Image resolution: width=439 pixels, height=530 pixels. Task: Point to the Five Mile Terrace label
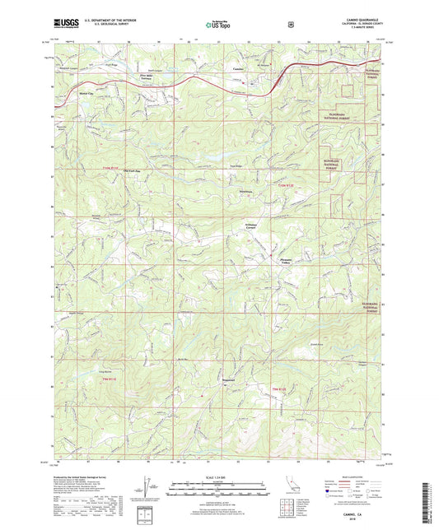coord(147,79)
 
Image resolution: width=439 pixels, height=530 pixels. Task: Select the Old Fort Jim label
coord(132,170)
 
